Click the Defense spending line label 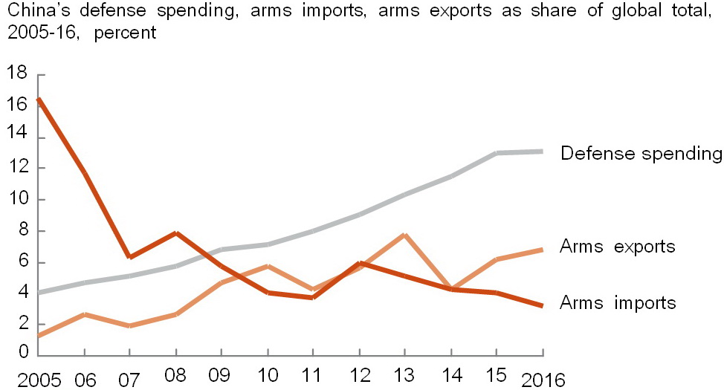click(x=641, y=154)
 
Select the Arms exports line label click(x=618, y=247)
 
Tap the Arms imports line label click(x=618, y=302)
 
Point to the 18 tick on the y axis click(x=16, y=74)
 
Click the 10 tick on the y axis click(x=16, y=199)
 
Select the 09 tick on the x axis click(x=222, y=376)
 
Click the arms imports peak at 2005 click(x=39, y=99)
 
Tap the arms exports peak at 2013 click(x=404, y=235)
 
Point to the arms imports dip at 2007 click(x=131, y=257)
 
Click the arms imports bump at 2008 click(x=176, y=233)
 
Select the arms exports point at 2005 click(x=39, y=336)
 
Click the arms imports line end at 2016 click(x=540, y=305)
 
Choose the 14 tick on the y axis click(x=16, y=136)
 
